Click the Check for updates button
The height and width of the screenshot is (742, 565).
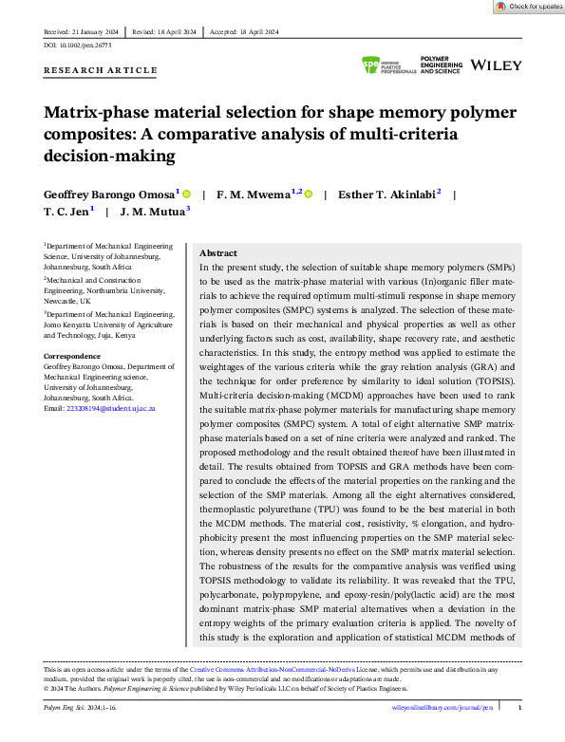point(529,7)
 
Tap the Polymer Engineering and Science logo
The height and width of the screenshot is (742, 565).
point(440,65)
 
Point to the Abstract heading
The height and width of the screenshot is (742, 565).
point(217,254)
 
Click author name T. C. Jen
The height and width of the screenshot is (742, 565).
point(67,213)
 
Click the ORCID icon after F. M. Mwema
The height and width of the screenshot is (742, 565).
point(309,194)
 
